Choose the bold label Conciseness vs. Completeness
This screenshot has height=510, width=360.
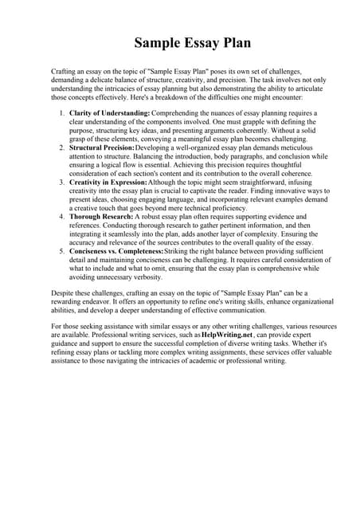(x=115, y=251)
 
